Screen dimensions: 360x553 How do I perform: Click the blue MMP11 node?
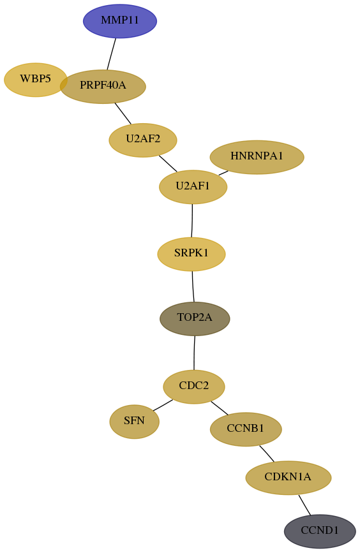[x=120, y=21]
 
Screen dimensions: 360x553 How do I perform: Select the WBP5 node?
[x=35, y=80]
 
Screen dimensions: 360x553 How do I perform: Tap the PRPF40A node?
[x=103, y=86]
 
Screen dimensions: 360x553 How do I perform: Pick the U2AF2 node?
[x=143, y=140]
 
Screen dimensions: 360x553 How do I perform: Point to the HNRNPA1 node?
[x=257, y=157]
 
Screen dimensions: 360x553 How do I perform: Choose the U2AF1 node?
[x=193, y=187]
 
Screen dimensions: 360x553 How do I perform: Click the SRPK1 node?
[x=191, y=254]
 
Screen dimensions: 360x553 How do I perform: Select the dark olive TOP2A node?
[x=195, y=318]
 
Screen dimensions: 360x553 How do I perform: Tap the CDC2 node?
[x=194, y=387]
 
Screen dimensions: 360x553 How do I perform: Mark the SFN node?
[x=135, y=422]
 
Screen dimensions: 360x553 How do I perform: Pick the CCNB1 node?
[x=246, y=429]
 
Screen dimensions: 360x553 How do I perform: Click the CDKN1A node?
[x=289, y=478]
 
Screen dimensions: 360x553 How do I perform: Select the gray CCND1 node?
[x=320, y=531]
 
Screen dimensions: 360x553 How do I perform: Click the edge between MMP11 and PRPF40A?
[x=112, y=54]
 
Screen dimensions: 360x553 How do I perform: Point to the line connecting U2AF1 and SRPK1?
[x=192, y=221]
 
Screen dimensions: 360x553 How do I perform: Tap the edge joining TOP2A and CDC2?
[x=194, y=353]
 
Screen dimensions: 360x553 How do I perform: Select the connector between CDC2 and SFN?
[x=163, y=405]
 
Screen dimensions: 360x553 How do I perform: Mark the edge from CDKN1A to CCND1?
[x=304, y=505]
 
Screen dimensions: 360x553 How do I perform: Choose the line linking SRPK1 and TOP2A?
[x=193, y=286]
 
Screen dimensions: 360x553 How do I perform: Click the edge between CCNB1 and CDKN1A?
[x=267, y=453]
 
